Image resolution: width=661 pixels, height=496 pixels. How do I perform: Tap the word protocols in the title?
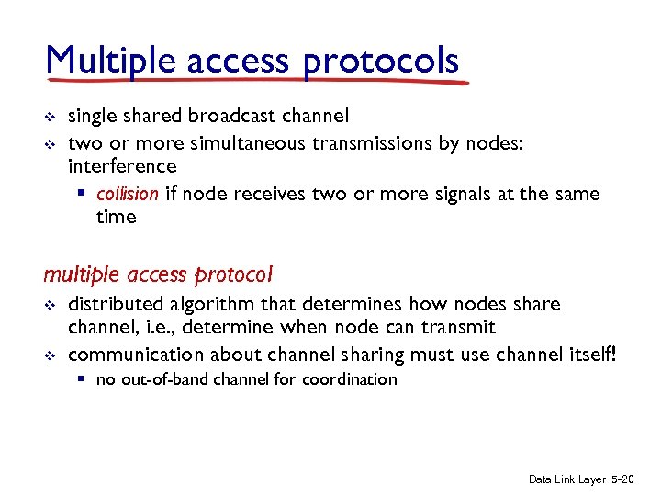click(x=382, y=62)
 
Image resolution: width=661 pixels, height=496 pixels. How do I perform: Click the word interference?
click(x=122, y=166)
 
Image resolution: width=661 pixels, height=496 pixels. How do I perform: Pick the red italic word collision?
click(x=127, y=194)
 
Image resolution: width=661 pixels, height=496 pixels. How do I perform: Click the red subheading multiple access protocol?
click(x=158, y=275)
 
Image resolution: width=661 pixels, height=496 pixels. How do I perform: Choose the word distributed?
click(x=118, y=304)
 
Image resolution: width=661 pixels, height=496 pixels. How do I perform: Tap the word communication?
click(x=136, y=355)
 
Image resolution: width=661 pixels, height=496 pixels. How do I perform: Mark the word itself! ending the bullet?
click(x=590, y=355)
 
